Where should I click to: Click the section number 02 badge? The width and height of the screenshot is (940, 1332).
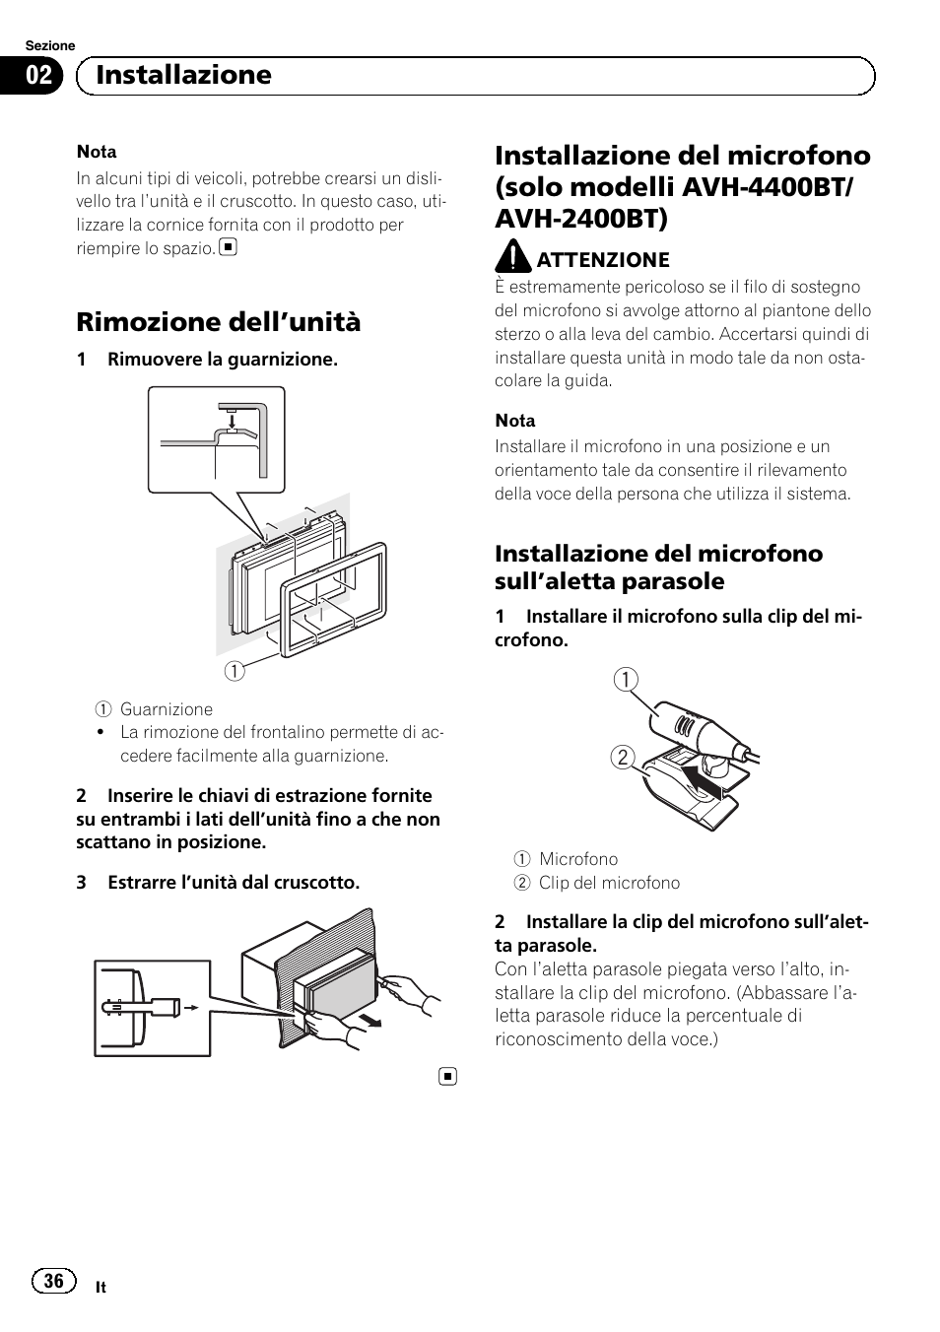pyautogui.click(x=38, y=76)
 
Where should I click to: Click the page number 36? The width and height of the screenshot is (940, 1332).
pyautogui.click(x=54, y=1280)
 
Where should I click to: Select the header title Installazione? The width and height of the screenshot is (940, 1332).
pyautogui.click(x=184, y=75)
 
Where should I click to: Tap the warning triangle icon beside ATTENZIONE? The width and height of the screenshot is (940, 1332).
pyautogui.click(x=512, y=258)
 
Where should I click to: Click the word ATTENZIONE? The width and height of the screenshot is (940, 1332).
pyautogui.click(x=603, y=259)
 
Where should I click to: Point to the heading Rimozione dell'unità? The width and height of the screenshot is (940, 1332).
pyautogui.click(x=219, y=322)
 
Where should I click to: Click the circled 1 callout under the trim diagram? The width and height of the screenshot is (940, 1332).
pyautogui.click(x=234, y=671)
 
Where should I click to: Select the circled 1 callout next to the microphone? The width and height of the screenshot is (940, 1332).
pyautogui.click(x=626, y=680)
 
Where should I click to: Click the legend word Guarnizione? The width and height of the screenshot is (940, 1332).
pyautogui.click(x=167, y=709)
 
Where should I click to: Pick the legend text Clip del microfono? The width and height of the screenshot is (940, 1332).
pyautogui.click(x=609, y=883)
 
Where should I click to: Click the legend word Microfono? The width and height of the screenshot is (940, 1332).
pyautogui.click(x=578, y=859)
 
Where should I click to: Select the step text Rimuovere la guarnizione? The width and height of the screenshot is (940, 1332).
pyautogui.click(x=223, y=360)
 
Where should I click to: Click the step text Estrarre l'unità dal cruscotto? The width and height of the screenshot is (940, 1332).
pyautogui.click(x=234, y=883)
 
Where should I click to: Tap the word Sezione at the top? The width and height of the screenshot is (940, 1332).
pyautogui.click(x=50, y=46)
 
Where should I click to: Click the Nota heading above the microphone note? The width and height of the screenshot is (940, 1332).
pyautogui.click(x=515, y=421)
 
